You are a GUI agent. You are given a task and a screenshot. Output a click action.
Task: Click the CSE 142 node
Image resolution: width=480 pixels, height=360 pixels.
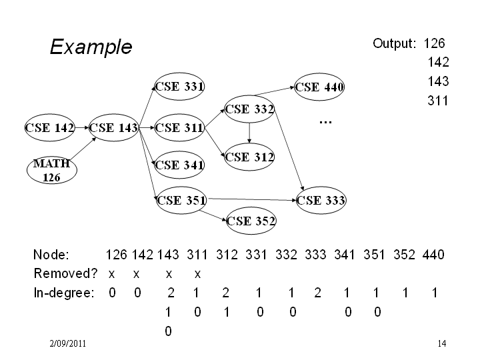pyautogui.click(x=50, y=127)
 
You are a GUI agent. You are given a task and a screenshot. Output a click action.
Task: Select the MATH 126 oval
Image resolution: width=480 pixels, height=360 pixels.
pyautogui.click(x=52, y=170)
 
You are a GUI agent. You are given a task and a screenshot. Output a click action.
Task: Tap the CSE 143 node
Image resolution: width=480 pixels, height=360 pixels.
pyautogui.click(x=113, y=127)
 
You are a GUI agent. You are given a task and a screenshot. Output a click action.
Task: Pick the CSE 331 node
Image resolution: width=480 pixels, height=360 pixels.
pyautogui.click(x=179, y=87)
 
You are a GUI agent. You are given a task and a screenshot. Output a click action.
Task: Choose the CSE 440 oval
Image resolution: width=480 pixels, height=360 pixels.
pyautogui.click(x=319, y=87)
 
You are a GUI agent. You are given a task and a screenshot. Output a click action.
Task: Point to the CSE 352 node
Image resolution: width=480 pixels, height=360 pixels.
pyautogui.click(x=251, y=221)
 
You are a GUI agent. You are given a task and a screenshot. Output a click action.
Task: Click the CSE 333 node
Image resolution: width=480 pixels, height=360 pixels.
pyautogui.click(x=321, y=201)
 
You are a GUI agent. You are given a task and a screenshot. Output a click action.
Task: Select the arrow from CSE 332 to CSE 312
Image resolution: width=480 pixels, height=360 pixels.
pyautogui.click(x=249, y=133)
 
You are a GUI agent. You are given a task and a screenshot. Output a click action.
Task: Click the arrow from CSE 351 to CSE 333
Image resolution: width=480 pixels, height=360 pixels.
pyautogui.click(x=253, y=199)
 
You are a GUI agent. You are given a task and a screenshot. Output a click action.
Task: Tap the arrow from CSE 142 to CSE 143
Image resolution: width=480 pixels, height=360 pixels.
pyautogui.click(x=82, y=127)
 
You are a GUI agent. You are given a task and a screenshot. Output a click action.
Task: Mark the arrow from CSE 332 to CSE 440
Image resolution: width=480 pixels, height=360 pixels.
pyautogui.click(x=274, y=91)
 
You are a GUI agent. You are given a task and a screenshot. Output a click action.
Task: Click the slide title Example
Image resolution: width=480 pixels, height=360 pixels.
pyautogui.click(x=91, y=47)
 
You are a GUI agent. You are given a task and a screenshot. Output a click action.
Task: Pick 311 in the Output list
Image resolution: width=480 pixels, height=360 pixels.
pyautogui.click(x=438, y=101)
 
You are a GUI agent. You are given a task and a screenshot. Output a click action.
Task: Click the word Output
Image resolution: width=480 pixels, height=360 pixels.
pyautogui.click(x=394, y=43)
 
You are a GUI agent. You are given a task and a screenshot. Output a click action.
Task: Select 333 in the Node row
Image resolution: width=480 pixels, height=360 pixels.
pyautogui.click(x=315, y=255)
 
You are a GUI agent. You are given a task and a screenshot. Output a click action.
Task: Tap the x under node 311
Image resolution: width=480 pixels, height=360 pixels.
pyautogui.click(x=197, y=274)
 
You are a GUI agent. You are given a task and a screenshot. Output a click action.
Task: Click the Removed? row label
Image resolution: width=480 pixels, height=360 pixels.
pyautogui.click(x=65, y=273)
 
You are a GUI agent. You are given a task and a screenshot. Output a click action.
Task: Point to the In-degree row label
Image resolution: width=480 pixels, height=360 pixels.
pyautogui.click(x=64, y=293)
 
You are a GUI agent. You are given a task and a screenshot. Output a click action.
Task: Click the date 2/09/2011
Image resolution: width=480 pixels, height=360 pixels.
pyautogui.click(x=67, y=343)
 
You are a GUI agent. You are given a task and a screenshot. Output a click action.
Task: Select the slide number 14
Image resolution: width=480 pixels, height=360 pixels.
pyautogui.click(x=442, y=343)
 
